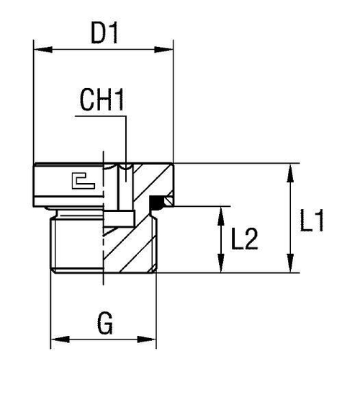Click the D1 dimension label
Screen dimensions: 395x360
tap(104, 32)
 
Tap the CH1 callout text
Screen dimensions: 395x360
tap(102, 101)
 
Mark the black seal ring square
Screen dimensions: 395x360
tap(154, 203)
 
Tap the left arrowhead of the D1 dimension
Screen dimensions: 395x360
tap(40, 50)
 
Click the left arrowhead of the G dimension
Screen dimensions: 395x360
tap(56, 339)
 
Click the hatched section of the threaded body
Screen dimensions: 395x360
tap(133, 245)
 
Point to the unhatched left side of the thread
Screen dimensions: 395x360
tap(76, 245)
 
